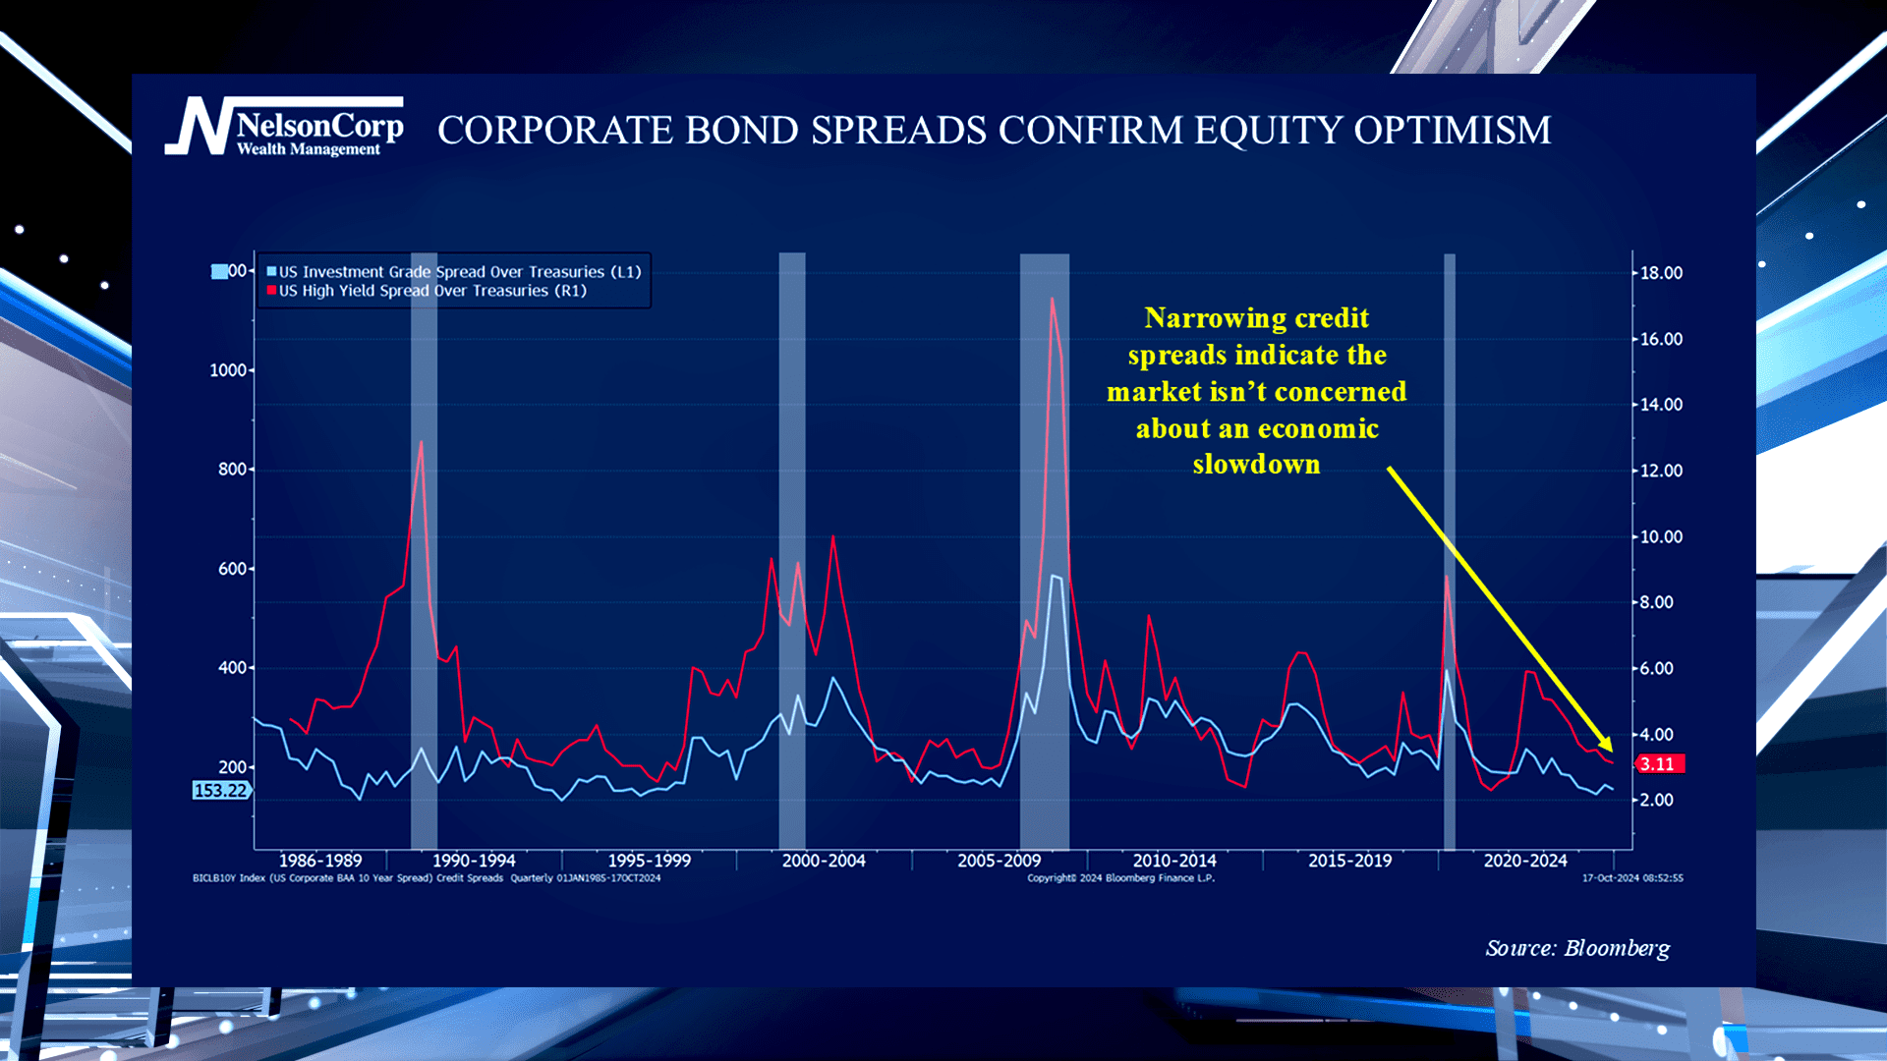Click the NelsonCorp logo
(284, 128)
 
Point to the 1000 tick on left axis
(228, 370)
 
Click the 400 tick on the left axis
(232, 668)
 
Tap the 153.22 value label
(220, 791)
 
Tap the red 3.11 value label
(1658, 764)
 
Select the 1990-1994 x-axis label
(474, 861)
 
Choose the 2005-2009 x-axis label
(999, 861)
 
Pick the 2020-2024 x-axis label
(1524, 861)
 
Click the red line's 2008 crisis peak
(1052, 299)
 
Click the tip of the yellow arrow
(1611, 751)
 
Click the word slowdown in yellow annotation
(1256, 465)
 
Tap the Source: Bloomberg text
(1576, 948)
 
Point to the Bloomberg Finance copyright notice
(1120, 878)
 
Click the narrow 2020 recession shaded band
(1449, 550)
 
